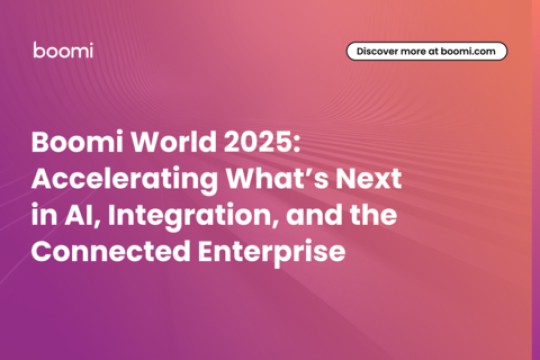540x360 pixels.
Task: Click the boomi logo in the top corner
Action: pos(63,51)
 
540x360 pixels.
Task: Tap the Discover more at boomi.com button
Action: pos(427,51)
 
